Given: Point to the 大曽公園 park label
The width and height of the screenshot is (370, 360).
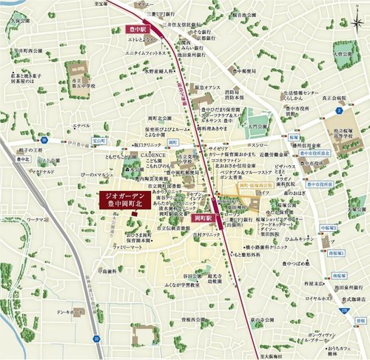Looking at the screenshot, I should pyautogui.click(x=350, y=54).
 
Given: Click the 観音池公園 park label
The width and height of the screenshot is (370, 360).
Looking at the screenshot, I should pyautogui.click(x=247, y=13).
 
